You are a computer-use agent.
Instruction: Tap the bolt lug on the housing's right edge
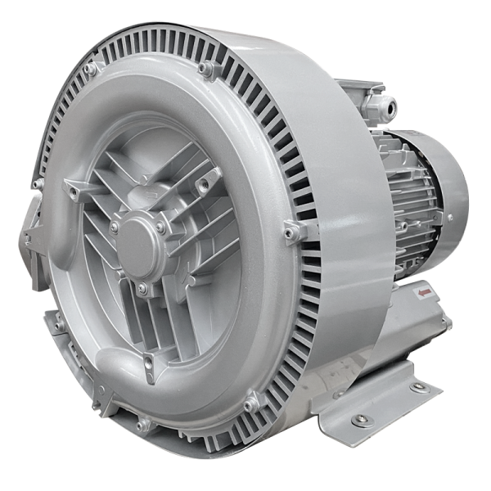[294, 232]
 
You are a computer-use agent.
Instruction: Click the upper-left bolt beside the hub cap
[115, 226]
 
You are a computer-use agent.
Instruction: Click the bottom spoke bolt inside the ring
[148, 361]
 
